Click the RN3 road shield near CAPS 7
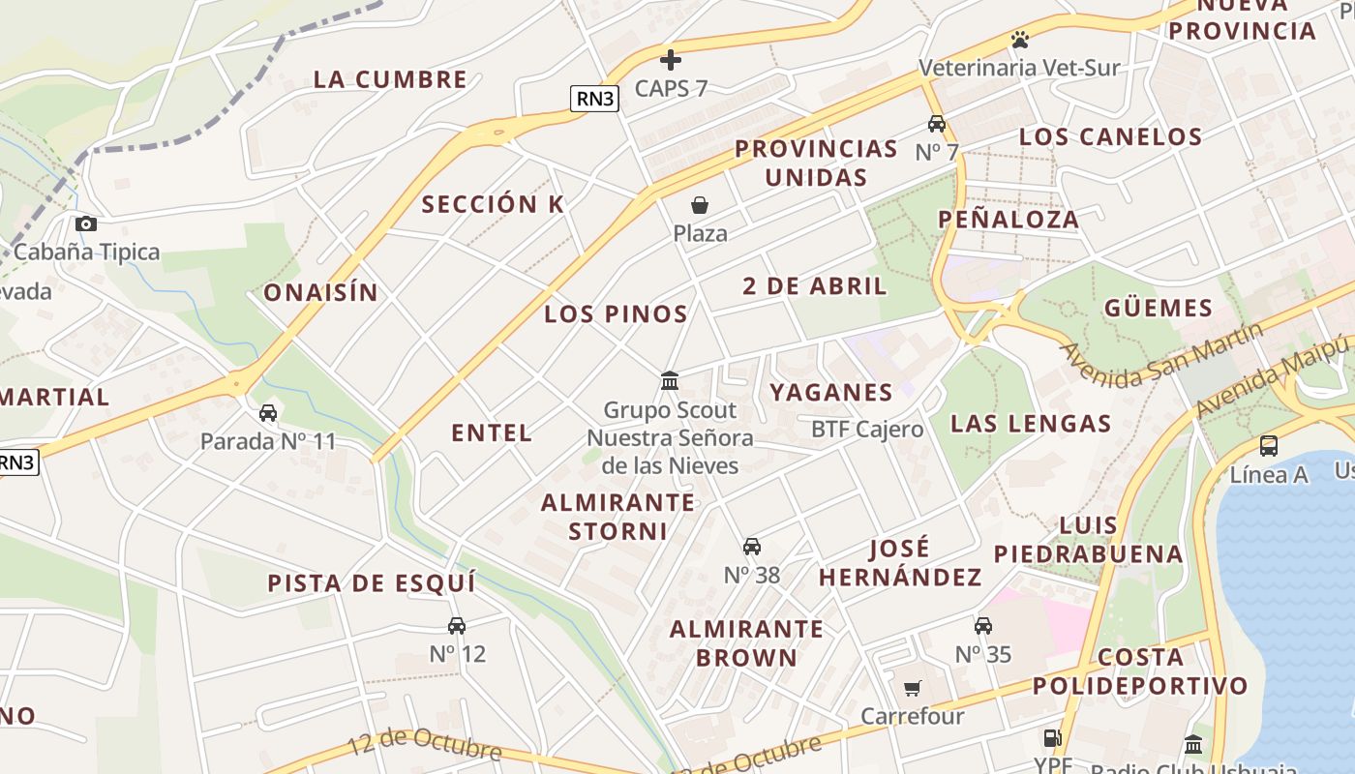click(594, 98)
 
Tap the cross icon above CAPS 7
click(671, 60)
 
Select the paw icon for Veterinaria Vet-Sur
click(1019, 40)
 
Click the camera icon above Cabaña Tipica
click(86, 224)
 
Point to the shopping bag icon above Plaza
click(700, 205)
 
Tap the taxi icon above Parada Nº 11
click(268, 414)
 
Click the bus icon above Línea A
click(1268, 446)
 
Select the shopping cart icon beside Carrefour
click(912, 688)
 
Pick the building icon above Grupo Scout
click(670, 381)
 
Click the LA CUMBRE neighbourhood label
click(390, 79)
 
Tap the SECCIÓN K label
click(493, 204)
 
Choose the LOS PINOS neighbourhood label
click(616, 313)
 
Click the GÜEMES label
click(1159, 309)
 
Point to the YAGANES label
click(830, 392)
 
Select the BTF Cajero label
click(867, 429)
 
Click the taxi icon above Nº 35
click(983, 626)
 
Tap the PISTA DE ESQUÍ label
click(372, 583)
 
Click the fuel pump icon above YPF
click(1052, 737)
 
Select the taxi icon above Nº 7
click(936, 124)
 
